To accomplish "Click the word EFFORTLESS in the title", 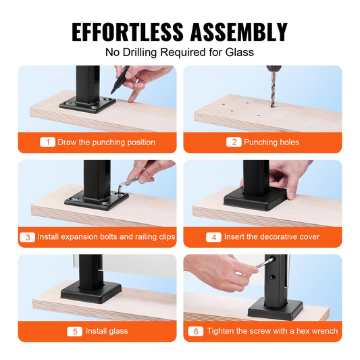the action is point(128,32).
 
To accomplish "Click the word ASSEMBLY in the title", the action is point(239,32).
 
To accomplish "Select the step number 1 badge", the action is point(47,142).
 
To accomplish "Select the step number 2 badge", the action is point(234,142).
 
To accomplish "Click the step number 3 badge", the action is point(27,237).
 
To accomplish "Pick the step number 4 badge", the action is point(213,237).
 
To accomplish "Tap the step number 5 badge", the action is point(74,332).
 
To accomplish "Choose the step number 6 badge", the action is point(196,332).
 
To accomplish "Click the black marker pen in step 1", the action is point(120,80).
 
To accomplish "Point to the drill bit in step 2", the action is point(273,89).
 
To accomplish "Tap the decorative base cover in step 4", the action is point(255,200).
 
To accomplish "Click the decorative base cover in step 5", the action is point(91,292).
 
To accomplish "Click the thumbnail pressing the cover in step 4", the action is point(291,195).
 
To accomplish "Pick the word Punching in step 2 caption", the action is point(257,143).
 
